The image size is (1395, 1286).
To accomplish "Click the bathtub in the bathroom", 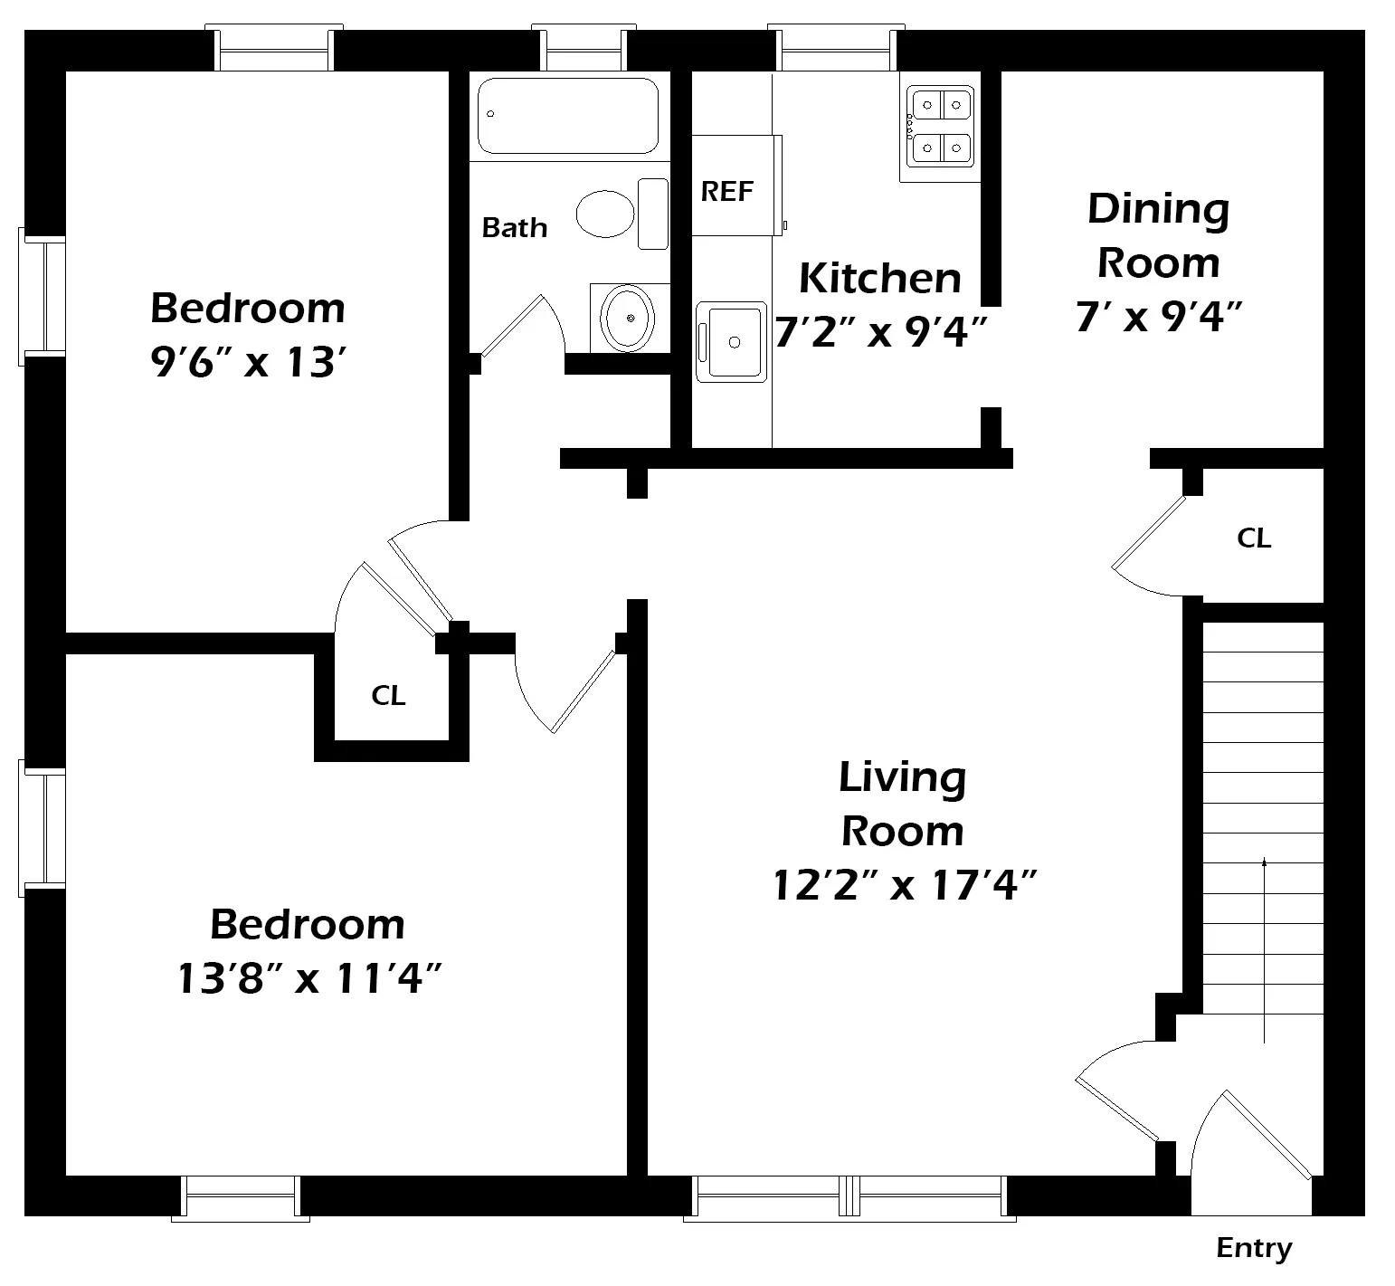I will (568, 116).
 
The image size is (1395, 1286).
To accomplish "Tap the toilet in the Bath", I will (620, 214).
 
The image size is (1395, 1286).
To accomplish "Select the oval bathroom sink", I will (629, 318).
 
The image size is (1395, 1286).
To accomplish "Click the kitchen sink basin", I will (733, 342).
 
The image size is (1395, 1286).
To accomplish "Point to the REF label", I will (727, 192).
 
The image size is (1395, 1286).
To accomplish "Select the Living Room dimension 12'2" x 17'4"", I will (903, 884).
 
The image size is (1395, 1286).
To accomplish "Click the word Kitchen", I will (879, 278).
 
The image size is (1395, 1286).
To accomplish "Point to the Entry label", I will (1253, 1249).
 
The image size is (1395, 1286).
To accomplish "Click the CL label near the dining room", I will (1254, 538).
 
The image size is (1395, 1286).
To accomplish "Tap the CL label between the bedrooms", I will (388, 696).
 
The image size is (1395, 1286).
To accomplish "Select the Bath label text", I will (514, 227).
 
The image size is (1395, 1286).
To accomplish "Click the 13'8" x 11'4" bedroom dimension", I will (308, 978).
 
